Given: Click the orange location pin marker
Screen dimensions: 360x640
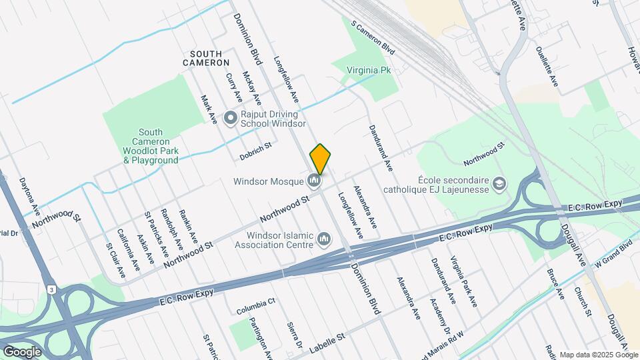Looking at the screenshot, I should pos(320,159).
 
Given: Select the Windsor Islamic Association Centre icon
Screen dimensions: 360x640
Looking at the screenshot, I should pos(324,238).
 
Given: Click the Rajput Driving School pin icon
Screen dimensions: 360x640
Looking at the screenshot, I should pos(231,118).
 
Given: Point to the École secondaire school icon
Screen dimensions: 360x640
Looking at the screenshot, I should pos(498,183).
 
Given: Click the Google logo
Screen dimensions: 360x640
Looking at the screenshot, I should pos(22,351).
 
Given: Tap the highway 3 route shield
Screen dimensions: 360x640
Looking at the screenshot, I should pos(51,289).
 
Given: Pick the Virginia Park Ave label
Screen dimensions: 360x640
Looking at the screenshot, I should pos(463,281).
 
